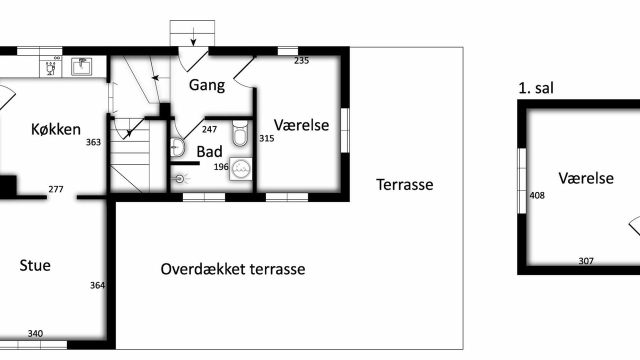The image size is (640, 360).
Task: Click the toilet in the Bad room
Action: [x=240, y=133]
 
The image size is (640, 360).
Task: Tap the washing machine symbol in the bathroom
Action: [x=241, y=169]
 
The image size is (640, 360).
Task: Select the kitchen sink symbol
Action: [x=81, y=66]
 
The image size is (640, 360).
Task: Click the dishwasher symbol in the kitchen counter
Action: [x=50, y=66]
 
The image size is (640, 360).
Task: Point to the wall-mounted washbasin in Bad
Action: [x=177, y=147]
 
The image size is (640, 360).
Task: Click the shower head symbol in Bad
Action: [x=180, y=179]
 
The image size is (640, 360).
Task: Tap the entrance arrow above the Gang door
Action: [x=193, y=37]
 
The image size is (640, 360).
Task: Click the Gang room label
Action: [x=207, y=85]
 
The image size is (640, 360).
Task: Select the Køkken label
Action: [x=55, y=129]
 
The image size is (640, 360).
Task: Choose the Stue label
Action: [x=35, y=265]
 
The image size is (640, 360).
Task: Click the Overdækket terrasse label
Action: [x=233, y=269]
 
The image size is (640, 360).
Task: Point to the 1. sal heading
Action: [x=536, y=88]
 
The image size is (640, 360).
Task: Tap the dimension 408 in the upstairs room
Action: [x=537, y=195]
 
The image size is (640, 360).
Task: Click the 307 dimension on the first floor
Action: [x=586, y=261]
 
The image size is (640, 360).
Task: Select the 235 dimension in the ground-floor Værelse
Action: [x=301, y=60]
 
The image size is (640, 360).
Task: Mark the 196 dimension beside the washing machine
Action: [x=221, y=167]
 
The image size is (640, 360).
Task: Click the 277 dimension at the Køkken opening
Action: [x=55, y=189]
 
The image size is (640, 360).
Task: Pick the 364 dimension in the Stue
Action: [x=97, y=285]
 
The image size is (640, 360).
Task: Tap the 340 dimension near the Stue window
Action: [x=35, y=333]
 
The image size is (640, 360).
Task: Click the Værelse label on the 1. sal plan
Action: [x=586, y=178]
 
